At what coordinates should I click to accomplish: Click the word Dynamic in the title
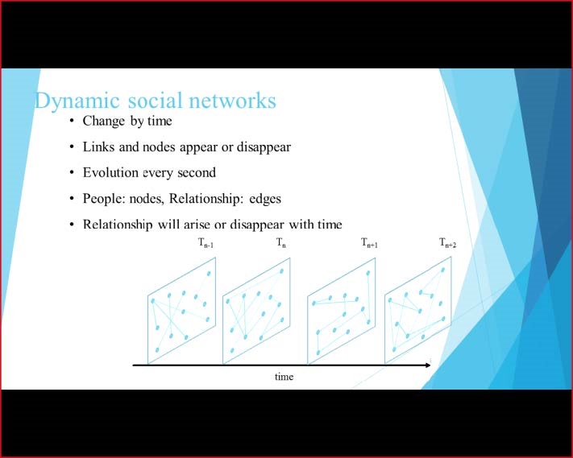coord(77,101)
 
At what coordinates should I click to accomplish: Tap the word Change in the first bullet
coord(104,122)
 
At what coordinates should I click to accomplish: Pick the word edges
coord(265,199)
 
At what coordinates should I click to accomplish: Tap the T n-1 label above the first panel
coord(206,243)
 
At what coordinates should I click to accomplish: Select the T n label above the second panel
coord(281,243)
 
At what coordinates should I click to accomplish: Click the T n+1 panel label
coord(369,243)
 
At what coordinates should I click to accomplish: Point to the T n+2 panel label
coord(447,243)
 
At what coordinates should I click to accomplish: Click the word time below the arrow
coord(284,376)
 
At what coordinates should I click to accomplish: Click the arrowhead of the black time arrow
coord(427,365)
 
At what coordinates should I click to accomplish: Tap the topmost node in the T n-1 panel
coord(209,274)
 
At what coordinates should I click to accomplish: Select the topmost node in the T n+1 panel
coord(368,273)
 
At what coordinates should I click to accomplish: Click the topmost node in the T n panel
coord(281,271)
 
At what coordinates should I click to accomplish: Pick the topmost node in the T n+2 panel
coord(443,270)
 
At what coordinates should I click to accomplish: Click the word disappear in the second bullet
coord(264,147)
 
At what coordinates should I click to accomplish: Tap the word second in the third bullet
coord(197,172)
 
